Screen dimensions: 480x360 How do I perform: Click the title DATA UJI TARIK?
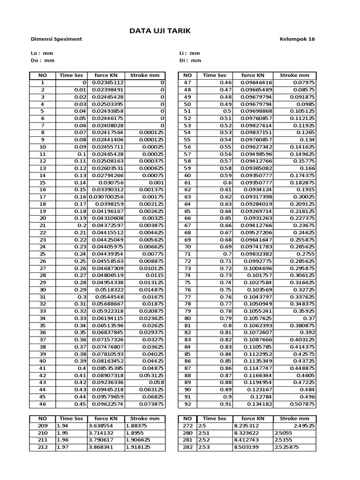160,31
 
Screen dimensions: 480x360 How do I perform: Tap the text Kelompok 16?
297,39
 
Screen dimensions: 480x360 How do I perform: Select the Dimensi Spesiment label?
56,39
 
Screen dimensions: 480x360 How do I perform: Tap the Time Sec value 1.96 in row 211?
63,440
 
